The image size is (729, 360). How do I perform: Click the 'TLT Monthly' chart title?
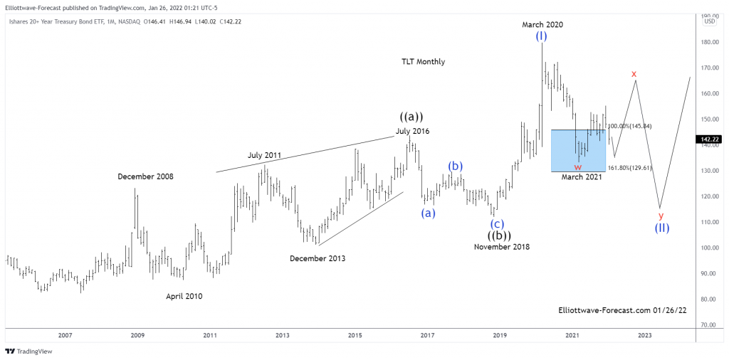click(423, 62)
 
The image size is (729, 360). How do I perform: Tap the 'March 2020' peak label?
click(542, 24)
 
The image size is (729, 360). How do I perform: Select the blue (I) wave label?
click(542, 36)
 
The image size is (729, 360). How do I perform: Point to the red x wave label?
click(634, 73)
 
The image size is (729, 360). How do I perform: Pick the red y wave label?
click(661, 215)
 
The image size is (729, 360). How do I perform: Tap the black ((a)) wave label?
click(411, 117)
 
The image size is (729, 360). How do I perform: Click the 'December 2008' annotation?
click(145, 176)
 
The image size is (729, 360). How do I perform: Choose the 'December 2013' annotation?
click(318, 258)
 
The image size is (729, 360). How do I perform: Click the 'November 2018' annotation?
click(502, 247)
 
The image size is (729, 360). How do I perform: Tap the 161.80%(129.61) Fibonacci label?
click(629, 168)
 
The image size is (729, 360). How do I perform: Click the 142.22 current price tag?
click(709, 139)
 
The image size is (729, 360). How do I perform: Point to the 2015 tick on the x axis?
click(355, 334)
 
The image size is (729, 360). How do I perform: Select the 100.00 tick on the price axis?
click(709, 248)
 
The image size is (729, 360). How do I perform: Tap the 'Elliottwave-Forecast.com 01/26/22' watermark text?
click(613, 310)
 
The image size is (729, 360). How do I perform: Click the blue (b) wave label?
click(456, 166)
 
